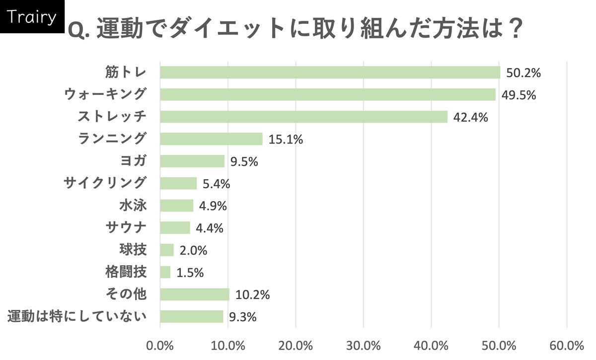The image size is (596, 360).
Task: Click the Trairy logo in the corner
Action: pyautogui.click(x=32, y=17)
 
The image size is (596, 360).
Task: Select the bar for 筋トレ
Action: pyautogui.click(x=330, y=72)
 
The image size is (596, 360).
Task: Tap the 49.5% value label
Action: pyautogui.click(x=519, y=95)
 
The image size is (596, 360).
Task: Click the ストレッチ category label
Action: pyautogui.click(x=112, y=117)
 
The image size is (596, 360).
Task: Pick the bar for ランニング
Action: pyautogui.click(x=211, y=139)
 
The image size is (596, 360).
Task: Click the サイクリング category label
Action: pyautogui.click(x=105, y=183)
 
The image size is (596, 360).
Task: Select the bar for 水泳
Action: pyautogui.click(x=177, y=206)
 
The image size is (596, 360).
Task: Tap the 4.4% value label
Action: pyautogui.click(x=209, y=228)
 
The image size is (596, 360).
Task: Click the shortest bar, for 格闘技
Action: pyautogui.click(x=165, y=272)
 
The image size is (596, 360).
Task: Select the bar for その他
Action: pyautogui.click(x=195, y=294)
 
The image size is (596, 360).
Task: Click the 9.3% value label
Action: pyautogui.click(x=242, y=317)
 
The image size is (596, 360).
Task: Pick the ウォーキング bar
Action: pyautogui.click(x=328, y=95)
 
